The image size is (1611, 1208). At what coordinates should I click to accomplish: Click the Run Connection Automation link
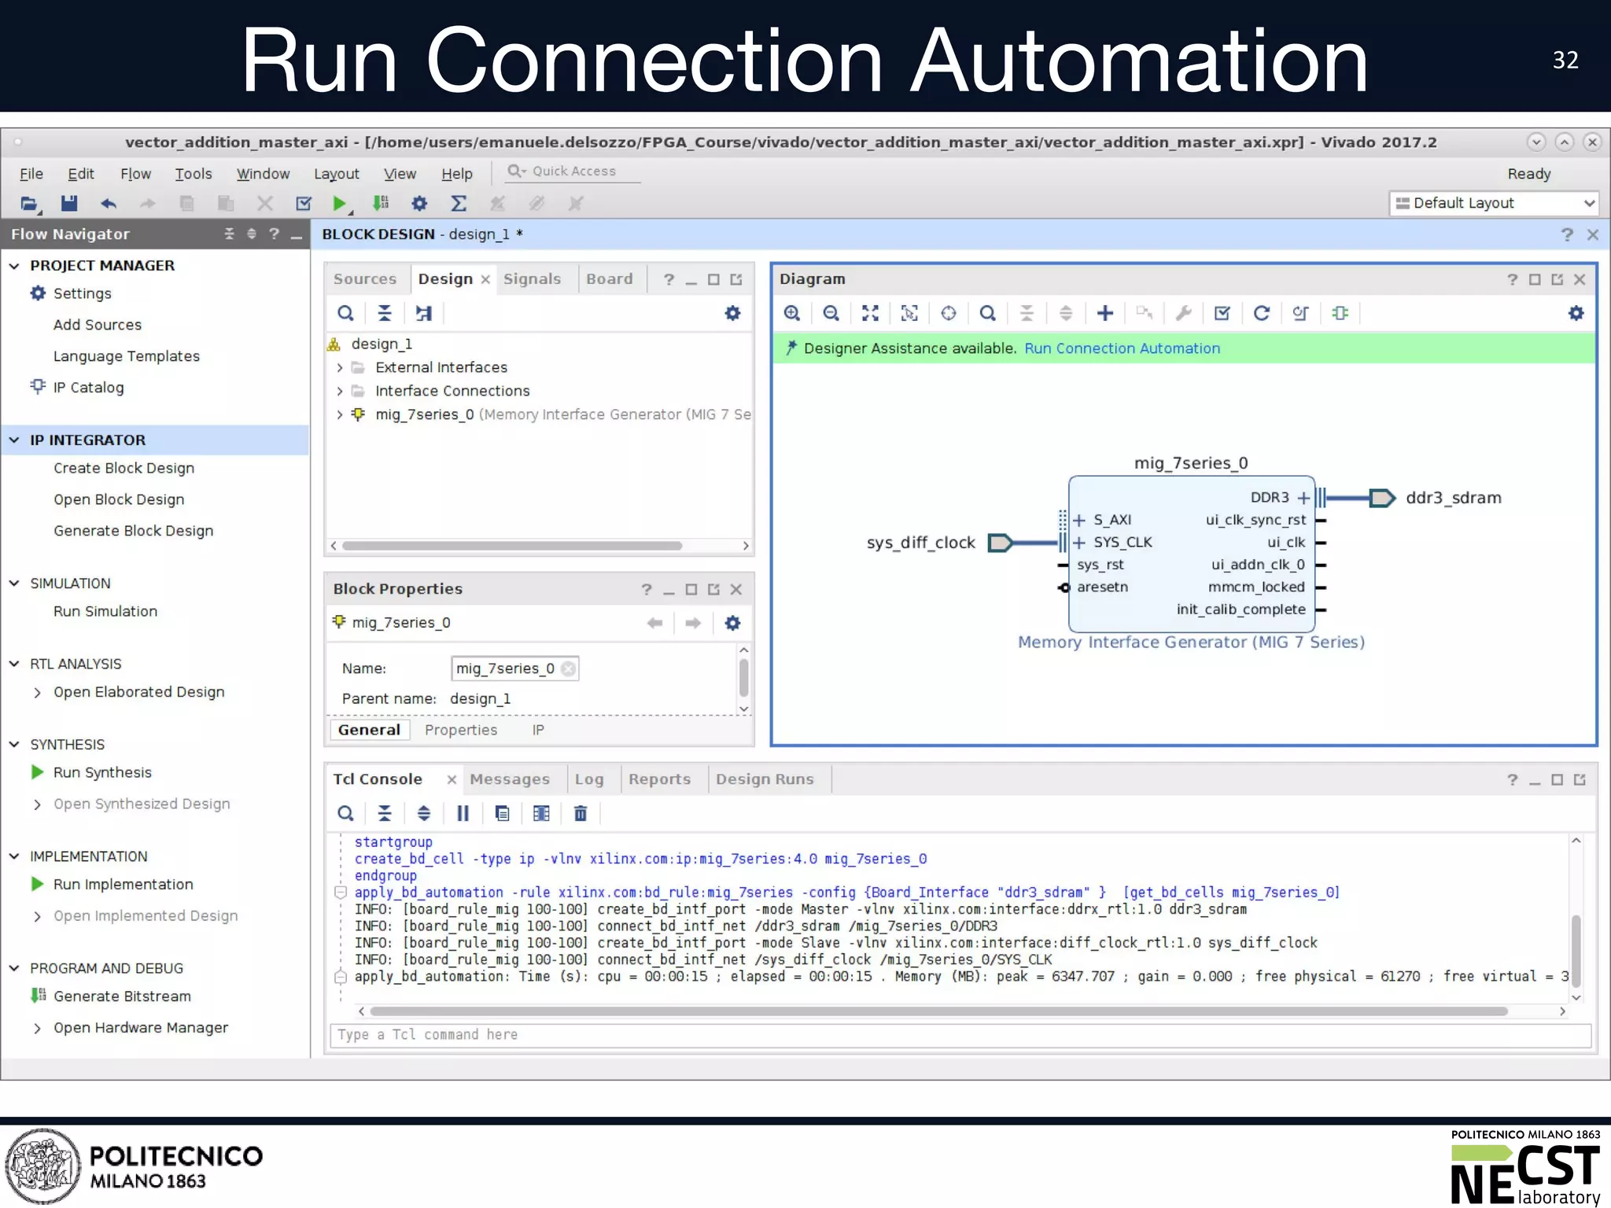[x=1122, y=348]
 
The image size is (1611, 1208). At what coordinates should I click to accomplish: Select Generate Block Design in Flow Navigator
[x=133, y=531]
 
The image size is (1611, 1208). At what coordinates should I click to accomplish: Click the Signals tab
[x=532, y=279]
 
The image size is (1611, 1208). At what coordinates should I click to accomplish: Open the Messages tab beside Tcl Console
[x=510, y=779]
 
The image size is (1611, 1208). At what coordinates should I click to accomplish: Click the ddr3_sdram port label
[x=1453, y=498]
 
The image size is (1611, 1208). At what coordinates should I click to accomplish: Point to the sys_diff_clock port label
[x=920, y=543]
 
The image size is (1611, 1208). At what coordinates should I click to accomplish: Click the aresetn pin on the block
[x=1101, y=587]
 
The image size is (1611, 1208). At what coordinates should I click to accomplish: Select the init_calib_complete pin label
[x=1241, y=610]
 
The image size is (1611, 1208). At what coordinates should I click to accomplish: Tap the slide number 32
[x=1565, y=61]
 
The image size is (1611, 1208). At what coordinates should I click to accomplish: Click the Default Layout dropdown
[x=1494, y=203]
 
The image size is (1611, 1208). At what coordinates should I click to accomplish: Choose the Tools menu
[x=193, y=174]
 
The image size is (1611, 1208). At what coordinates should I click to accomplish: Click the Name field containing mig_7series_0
[x=505, y=668]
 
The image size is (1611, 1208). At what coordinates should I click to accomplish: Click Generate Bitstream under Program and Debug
[x=122, y=996]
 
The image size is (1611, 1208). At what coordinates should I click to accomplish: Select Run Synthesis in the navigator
[x=102, y=772]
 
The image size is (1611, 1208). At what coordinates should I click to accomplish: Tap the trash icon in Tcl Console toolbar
[x=581, y=814]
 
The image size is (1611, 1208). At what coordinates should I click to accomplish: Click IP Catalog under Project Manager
[x=88, y=388]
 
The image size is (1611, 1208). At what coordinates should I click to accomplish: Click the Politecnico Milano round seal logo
[x=43, y=1166]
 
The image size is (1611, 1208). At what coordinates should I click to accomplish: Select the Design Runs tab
[x=764, y=779]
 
